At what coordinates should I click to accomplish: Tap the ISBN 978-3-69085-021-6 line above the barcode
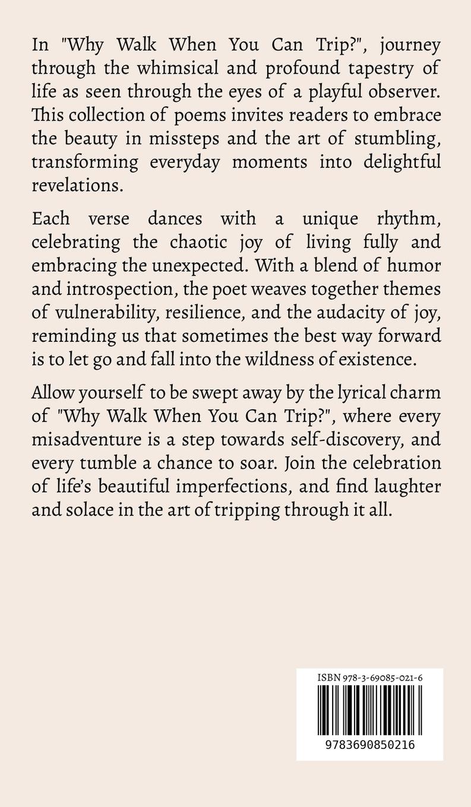369,676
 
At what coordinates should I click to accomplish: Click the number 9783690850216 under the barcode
369,745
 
